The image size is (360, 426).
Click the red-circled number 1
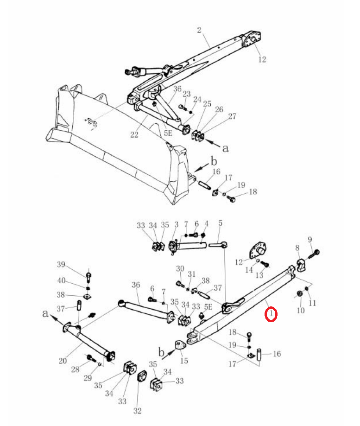coord(271,314)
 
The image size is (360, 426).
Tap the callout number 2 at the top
coord(199,30)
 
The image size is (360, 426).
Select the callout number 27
coord(232,116)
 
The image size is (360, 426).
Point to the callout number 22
coord(134,134)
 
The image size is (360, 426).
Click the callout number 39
coord(61,264)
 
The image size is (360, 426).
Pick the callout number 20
coord(63,361)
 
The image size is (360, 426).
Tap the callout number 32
coord(138,411)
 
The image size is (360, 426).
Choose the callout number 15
coord(184,361)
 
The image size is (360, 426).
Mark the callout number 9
coord(310,240)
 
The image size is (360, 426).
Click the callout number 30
coord(180,268)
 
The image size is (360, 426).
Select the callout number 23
coord(187,94)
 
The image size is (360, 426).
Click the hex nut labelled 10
coord(299,294)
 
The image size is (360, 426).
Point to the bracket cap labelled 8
coord(301,266)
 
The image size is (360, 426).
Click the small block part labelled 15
coord(180,345)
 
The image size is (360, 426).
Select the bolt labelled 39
coord(88,277)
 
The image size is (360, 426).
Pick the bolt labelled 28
coord(91,358)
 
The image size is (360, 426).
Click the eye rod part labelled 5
coord(218,245)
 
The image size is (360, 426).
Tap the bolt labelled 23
coord(182,107)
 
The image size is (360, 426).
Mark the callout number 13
coord(259,275)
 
